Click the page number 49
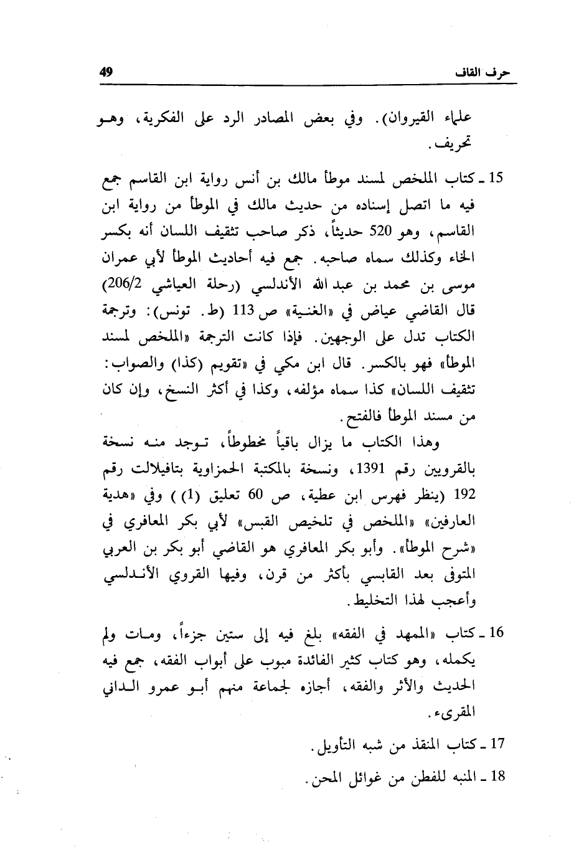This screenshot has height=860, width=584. (x=105, y=72)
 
